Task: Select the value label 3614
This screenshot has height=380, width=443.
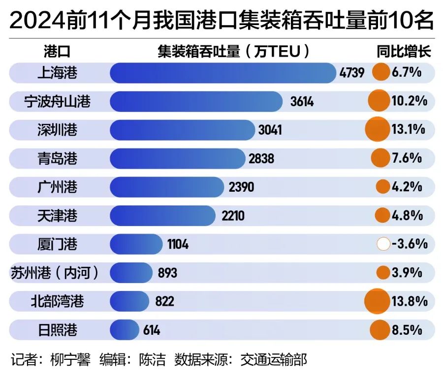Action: pyautogui.click(x=302, y=102)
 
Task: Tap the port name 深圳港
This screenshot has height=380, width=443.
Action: pyautogui.click(x=58, y=130)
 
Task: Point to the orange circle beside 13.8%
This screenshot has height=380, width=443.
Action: pyautogui.click(x=377, y=300)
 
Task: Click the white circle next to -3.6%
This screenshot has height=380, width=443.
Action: pyautogui.click(x=383, y=244)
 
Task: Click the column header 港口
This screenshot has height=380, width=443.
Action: pyautogui.click(x=58, y=52)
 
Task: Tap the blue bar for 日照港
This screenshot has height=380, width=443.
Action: pyautogui.click(x=125, y=329)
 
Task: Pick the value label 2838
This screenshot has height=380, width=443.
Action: pyautogui.click(x=261, y=159)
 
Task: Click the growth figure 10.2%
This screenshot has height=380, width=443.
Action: pyautogui.click(x=409, y=102)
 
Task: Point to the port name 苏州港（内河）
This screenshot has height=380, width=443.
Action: pyautogui.click(x=55, y=272)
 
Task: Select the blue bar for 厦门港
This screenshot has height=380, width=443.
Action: pyautogui.click(x=136, y=244)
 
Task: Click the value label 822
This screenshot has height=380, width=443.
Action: pyautogui.click(x=164, y=301)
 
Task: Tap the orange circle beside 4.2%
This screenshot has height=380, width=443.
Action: pyautogui.click(x=382, y=187)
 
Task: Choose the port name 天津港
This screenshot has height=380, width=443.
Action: pyautogui.click(x=58, y=215)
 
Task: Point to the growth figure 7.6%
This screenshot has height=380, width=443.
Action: pyautogui.click(x=407, y=159)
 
